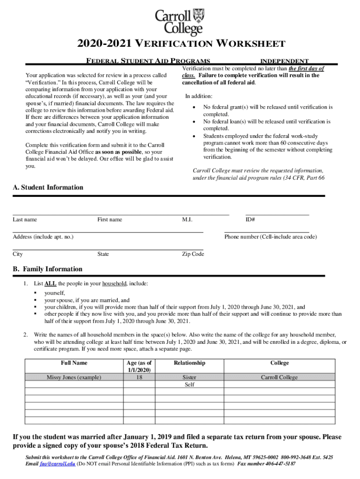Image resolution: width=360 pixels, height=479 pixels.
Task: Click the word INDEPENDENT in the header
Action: [284, 61]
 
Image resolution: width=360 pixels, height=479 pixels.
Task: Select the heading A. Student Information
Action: [48, 188]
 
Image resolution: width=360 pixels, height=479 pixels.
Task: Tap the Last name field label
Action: [25, 220]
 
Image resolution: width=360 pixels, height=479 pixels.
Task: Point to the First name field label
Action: [110, 220]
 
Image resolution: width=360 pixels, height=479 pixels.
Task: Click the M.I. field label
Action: [187, 220]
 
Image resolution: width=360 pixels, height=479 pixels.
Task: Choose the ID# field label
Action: [250, 220]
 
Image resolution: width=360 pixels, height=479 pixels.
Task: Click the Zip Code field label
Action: [193, 254]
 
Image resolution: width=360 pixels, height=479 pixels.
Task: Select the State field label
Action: [103, 254]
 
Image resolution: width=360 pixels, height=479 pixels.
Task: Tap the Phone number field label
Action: [271, 237]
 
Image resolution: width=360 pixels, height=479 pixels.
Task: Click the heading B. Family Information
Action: [48, 269]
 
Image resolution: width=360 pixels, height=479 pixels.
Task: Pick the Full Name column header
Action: [74, 363]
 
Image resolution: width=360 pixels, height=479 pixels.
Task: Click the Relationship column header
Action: [189, 363]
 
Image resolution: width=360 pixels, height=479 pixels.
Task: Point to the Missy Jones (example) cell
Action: [74, 377]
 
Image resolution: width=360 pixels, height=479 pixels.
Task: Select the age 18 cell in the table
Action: [139, 377]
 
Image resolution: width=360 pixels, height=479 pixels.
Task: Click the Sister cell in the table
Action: [189, 377]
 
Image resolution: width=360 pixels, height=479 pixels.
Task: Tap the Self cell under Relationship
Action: [189, 385]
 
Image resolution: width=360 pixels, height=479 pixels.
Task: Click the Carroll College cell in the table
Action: [279, 377]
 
